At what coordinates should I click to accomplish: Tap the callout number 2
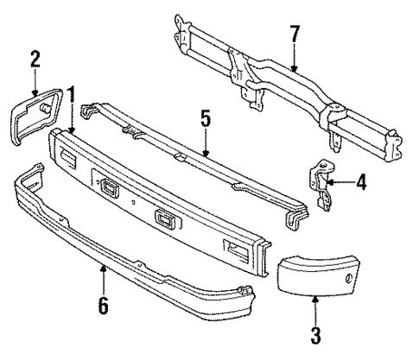35,59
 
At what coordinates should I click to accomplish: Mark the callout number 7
296,37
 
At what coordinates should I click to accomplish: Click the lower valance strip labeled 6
130,242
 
